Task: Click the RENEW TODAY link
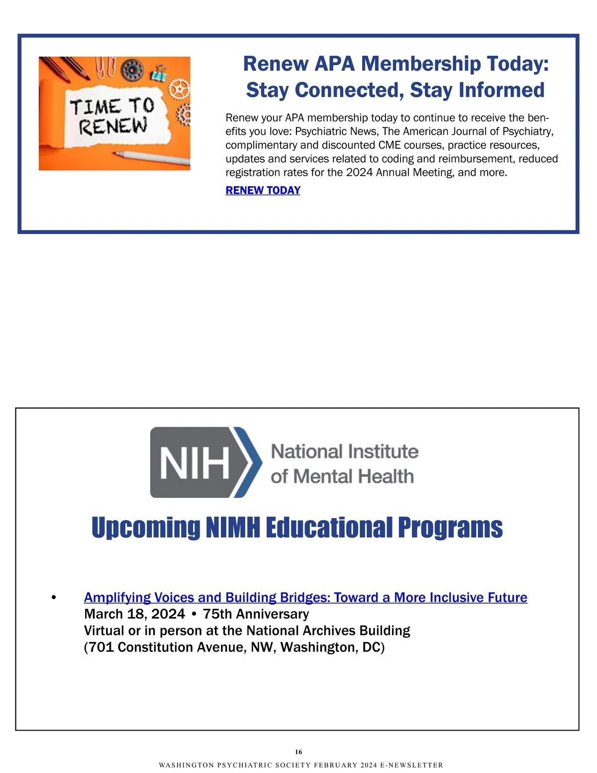pyautogui.click(x=263, y=190)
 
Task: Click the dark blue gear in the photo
pyautogui.click(x=132, y=70)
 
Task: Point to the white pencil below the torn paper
pyautogui.click(x=154, y=158)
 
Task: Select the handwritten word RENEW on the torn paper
pyautogui.click(x=113, y=126)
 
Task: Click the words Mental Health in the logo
pyautogui.click(x=353, y=476)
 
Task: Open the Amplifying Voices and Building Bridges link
pyautogui.click(x=305, y=597)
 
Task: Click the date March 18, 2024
pyautogui.click(x=134, y=614)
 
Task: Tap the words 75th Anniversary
pyautogui.click(x=256, y=614)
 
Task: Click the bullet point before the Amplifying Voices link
pyautogui.click(x=54, y=597)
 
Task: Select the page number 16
pyautogui.click(x=298, y=752)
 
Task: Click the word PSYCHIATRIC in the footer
pyautogui.click(x=244, y=765)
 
